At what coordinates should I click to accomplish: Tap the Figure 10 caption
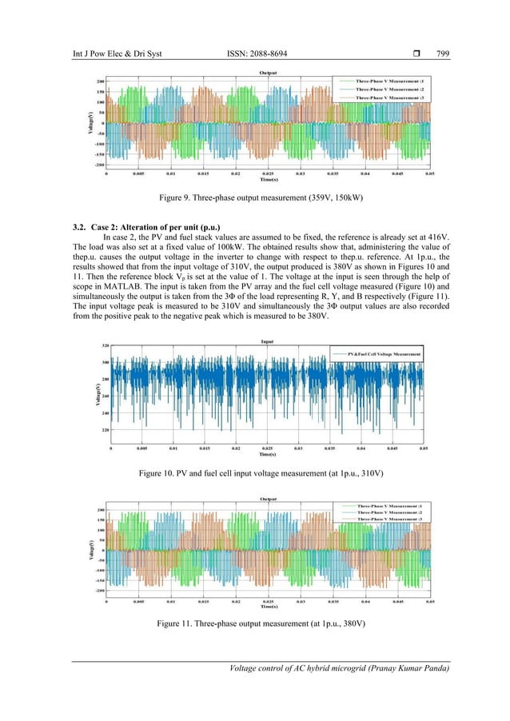point(256,474)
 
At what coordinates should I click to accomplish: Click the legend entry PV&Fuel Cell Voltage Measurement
point(379,353)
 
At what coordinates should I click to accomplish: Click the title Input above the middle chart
point(267,341)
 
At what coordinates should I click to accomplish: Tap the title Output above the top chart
point(269,73)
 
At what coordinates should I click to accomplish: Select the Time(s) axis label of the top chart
point(269,180)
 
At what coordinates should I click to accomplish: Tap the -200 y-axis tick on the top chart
point(99,165)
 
